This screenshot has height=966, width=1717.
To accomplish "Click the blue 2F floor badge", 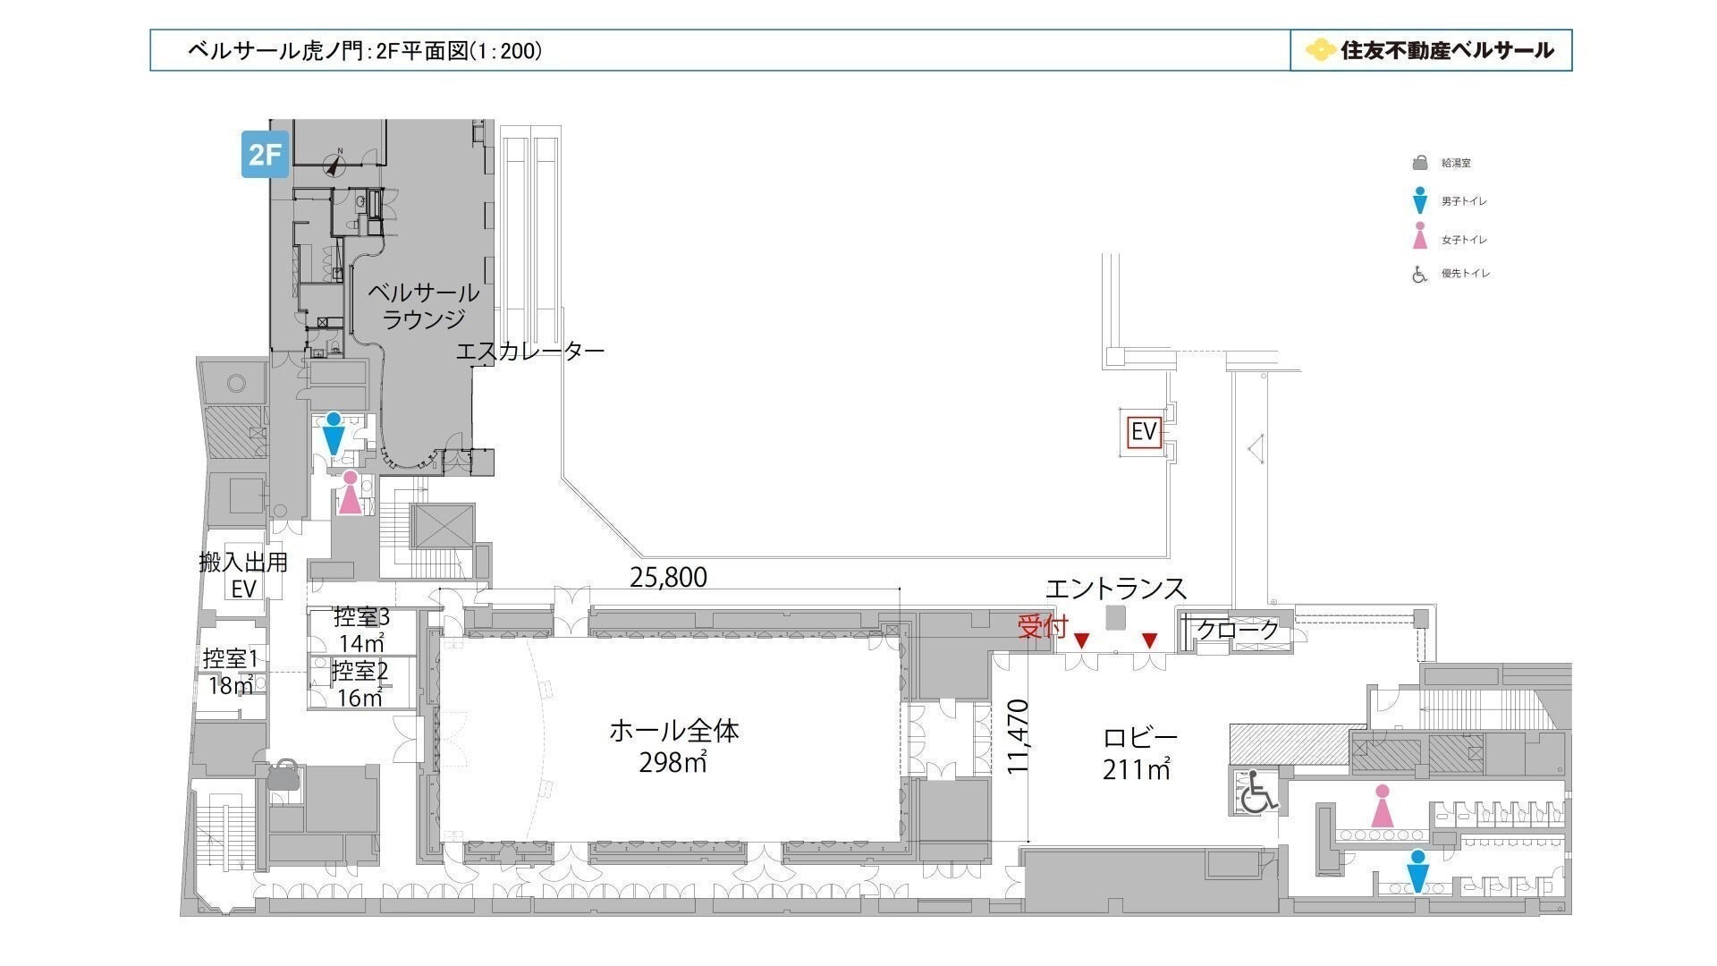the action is coord(266,154).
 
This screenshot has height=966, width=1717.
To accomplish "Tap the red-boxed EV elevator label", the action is coord(1144,432).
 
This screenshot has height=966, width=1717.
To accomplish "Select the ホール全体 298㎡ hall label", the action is coord(673,747).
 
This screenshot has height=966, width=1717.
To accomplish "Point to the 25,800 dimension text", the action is coord(668,578).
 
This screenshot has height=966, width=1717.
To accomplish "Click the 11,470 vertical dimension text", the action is coord(1019,735).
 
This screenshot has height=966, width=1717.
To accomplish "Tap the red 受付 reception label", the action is coord(1043,627).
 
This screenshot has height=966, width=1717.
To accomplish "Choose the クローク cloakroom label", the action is coord(1238,630).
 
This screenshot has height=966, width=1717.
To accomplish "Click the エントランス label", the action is coord(1116,589).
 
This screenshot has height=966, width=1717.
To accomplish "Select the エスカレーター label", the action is coord(530,351).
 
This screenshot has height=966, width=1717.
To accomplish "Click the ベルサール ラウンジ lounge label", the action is coord(424,305).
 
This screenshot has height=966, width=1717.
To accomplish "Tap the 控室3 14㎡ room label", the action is coord(361,630).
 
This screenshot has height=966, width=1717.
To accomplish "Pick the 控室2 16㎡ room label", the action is coord(360,684).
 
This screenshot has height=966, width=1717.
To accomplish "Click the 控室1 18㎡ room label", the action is coord(230,672).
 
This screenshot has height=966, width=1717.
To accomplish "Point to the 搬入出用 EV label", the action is coord(243,575).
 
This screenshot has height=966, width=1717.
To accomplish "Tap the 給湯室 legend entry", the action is coord(1441,164).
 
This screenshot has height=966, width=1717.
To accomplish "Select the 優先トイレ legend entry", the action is coord(1451,274).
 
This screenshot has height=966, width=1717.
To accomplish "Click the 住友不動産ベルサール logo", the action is coord(1429,50).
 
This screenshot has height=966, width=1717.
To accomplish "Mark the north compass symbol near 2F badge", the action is coord(337,163).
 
